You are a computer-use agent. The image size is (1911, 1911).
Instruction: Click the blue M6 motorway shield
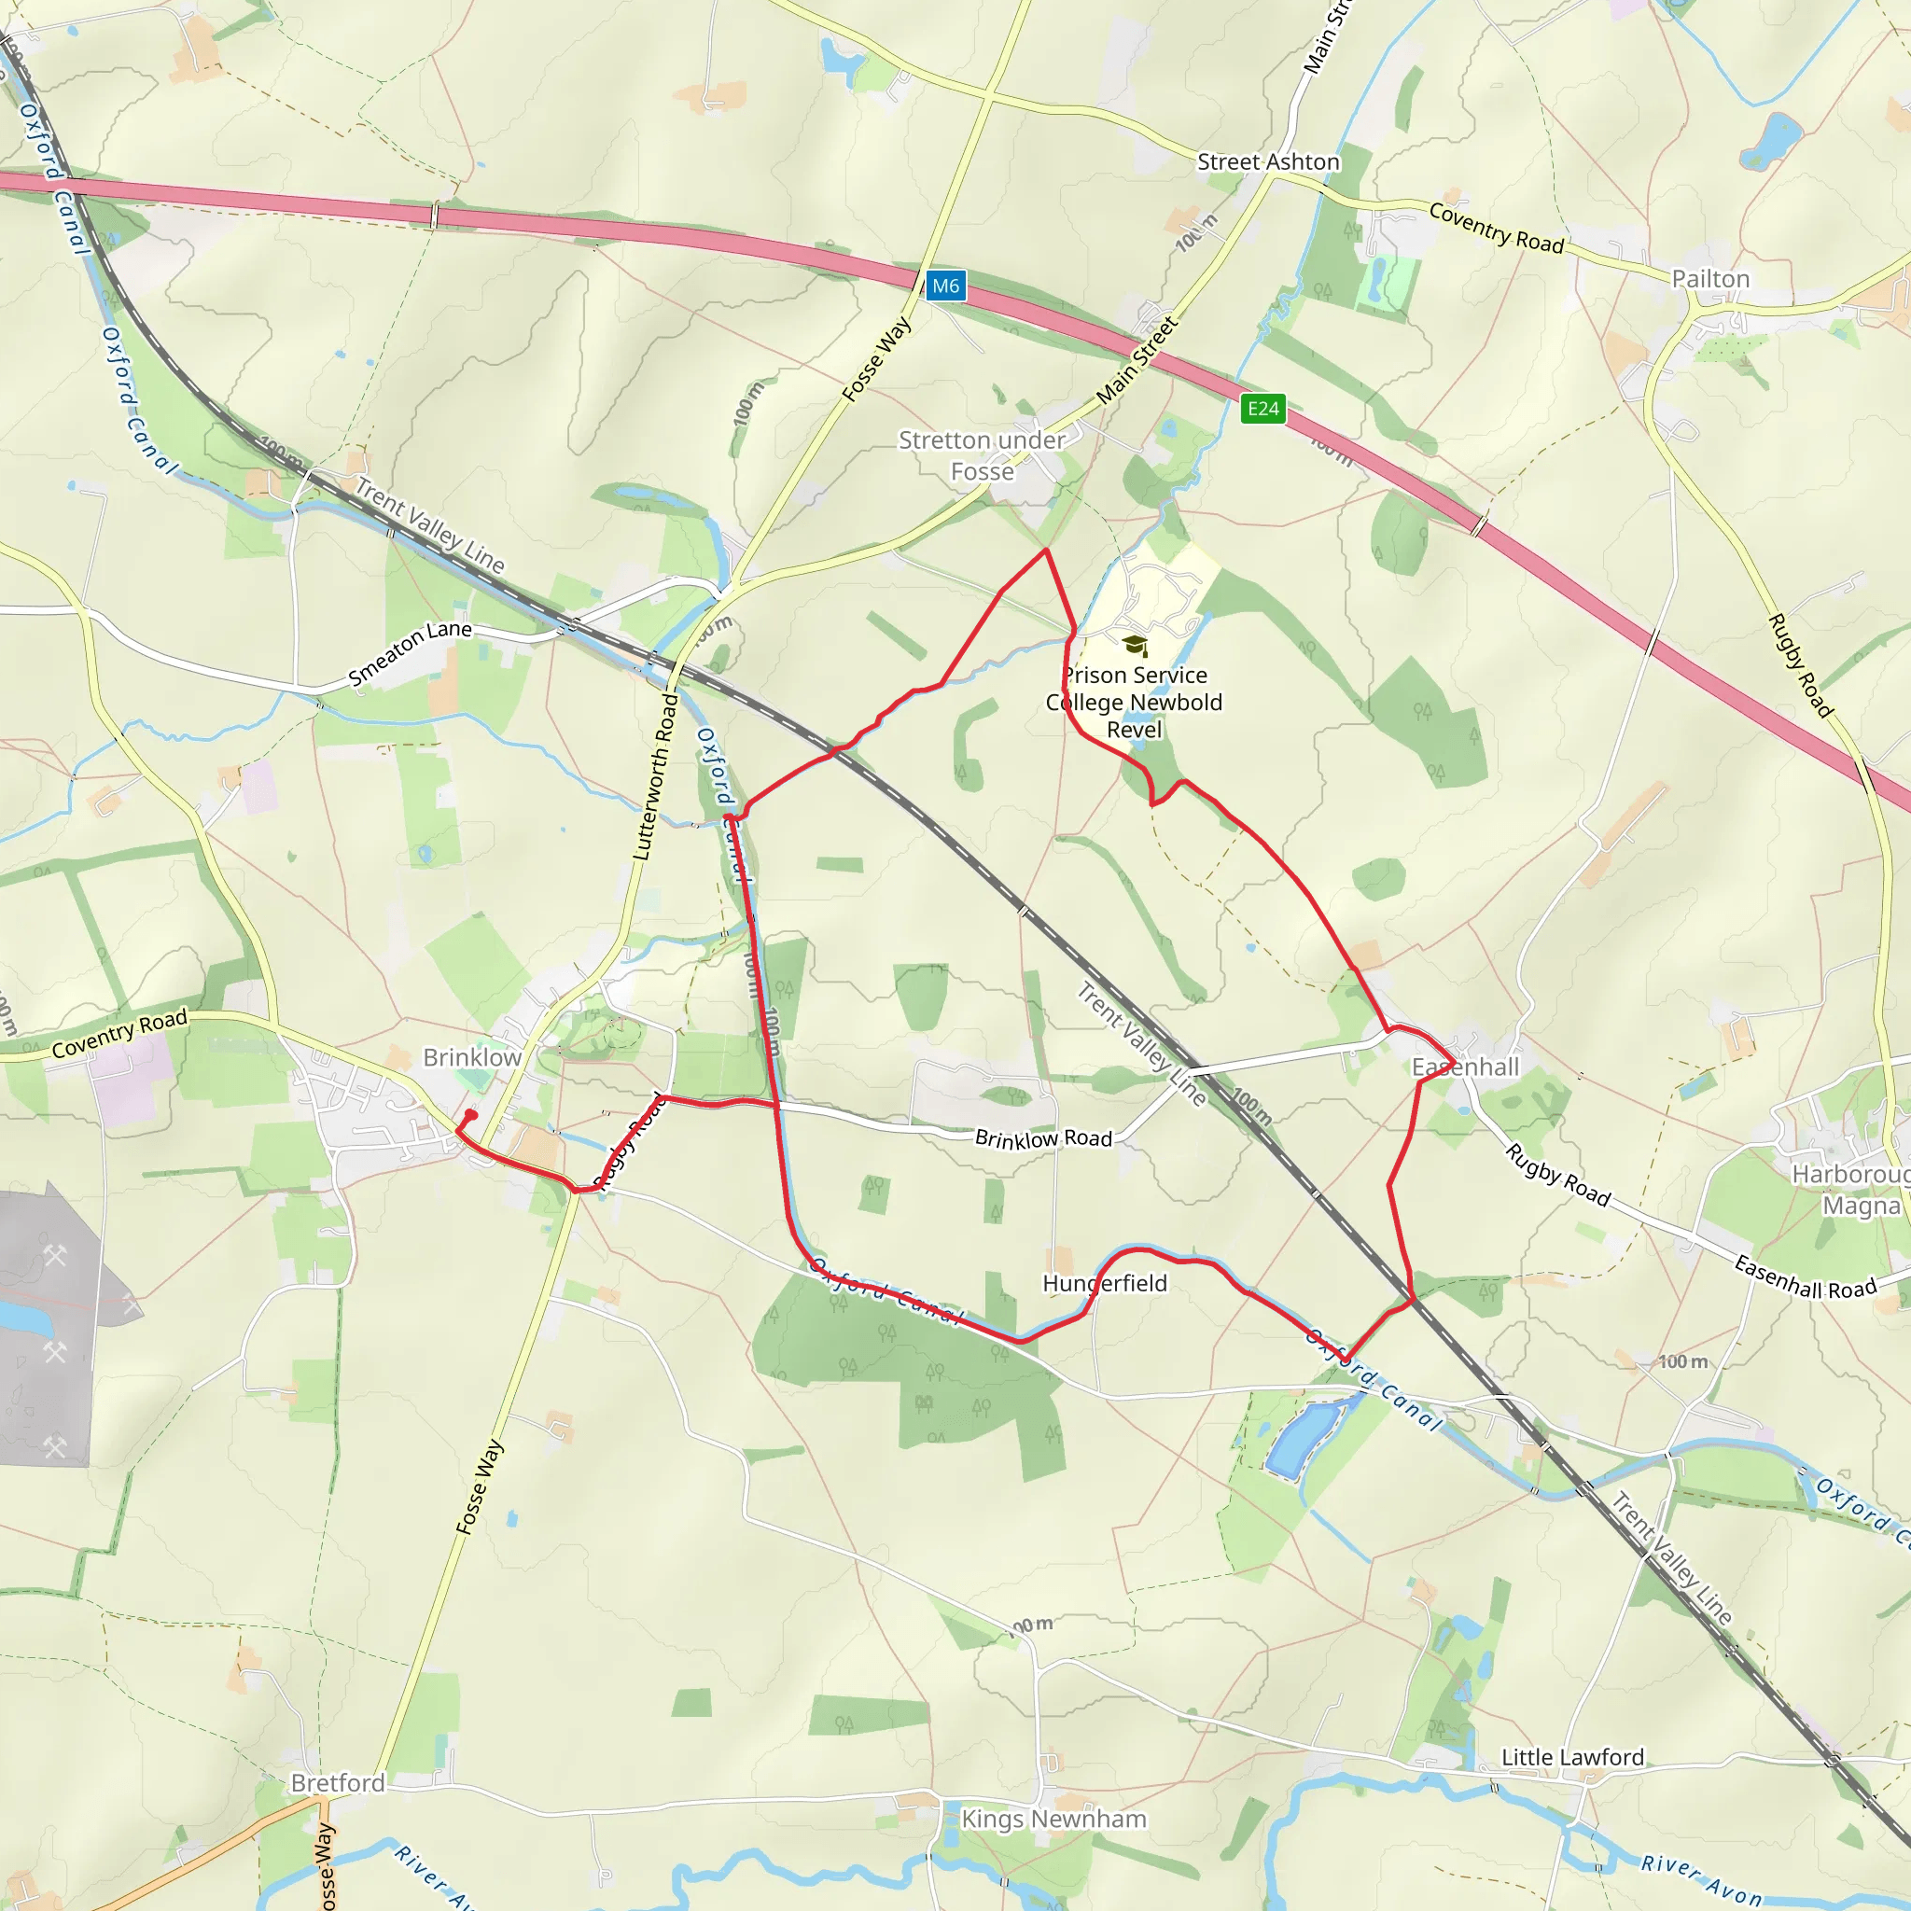point(945,286)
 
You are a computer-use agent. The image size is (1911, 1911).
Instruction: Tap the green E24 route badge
point(1263,409)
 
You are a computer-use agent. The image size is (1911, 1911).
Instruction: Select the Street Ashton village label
point(1268,162)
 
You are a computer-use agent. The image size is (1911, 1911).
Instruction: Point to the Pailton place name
point(1710,279)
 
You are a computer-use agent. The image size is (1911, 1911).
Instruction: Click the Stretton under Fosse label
point(982,456)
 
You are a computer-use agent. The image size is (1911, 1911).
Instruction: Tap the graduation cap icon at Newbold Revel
point(1135,647)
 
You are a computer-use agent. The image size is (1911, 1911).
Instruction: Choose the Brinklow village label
point(472,1057)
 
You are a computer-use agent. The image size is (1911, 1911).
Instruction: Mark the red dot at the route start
point(471,1115)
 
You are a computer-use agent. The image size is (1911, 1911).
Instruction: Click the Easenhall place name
point(1465,1067)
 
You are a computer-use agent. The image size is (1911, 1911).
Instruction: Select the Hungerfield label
point(1105,1283)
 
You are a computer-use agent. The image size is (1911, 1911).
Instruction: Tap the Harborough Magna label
point(1849,1190)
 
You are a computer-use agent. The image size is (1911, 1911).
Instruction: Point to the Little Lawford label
point(1572,1757)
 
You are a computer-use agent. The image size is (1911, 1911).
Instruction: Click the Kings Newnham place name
point(1053,1819)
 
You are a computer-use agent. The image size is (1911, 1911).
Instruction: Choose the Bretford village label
point(337,1782)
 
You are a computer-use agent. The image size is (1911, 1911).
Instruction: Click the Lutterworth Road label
point(656,776)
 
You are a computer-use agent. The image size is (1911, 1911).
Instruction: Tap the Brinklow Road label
point(1043,1138)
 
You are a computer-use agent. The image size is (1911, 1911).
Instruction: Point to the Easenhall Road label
point(1806,1277)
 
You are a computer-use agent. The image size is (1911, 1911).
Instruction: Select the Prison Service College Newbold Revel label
point(1135,703)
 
